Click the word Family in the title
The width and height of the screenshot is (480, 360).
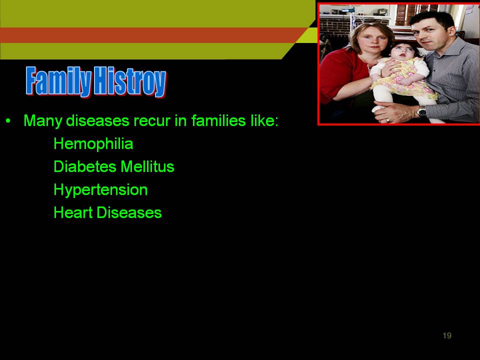[58, 81]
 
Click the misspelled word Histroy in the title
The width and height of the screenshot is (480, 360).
[130, 81]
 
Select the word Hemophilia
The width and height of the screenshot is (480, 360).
[93, 144]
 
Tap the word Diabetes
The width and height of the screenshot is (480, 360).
[85, 167]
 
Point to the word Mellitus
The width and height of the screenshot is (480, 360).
[147, 167]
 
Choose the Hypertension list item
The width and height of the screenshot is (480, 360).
[100, 190]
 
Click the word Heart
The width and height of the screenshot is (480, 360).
[73, 212]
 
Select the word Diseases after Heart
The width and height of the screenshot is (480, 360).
[129, 212]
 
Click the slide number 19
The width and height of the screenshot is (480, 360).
[447, 335]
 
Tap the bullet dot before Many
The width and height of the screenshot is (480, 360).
[8, 120]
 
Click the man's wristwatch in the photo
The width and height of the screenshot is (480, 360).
[422, 111]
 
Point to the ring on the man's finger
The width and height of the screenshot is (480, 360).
[388, 120]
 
